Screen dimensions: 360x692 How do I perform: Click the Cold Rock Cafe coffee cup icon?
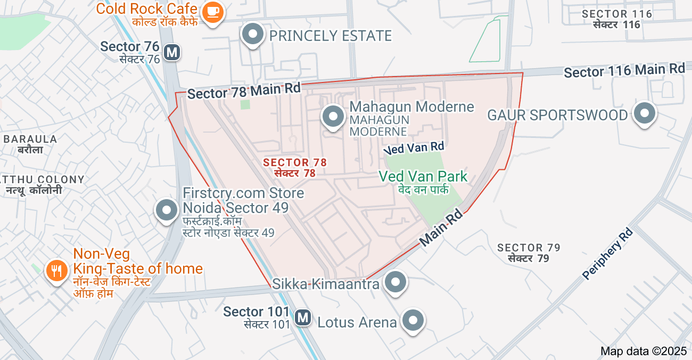213,12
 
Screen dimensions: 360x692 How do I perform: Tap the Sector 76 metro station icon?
171,52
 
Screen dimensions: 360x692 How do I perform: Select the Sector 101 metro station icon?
303,317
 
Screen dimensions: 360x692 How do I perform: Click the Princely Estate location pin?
253,35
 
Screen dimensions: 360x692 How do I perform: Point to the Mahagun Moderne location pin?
333,117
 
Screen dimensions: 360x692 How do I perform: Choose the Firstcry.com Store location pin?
167,210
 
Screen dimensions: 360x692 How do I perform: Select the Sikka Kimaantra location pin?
396,282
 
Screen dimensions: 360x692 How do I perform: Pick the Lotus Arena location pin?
414,321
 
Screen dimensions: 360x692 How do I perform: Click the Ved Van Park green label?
423,177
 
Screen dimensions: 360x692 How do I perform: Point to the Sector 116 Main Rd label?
624,70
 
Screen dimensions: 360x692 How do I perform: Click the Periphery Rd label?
607,253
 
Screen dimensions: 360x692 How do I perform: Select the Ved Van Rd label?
414,148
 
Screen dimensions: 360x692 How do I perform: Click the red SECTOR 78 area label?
295,162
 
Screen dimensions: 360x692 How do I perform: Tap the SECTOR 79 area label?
529,248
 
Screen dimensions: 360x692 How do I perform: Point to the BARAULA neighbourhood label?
30,140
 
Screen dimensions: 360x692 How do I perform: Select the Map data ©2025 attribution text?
644,351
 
